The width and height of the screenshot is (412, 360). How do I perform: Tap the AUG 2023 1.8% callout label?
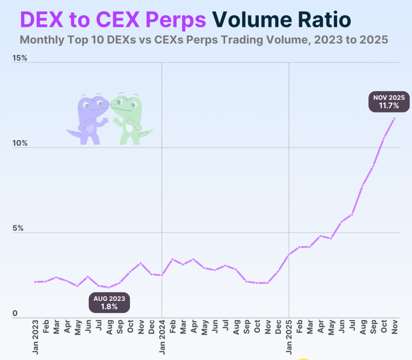click(x=109, y=302)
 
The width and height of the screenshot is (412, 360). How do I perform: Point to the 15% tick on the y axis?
click(x=19, y=58)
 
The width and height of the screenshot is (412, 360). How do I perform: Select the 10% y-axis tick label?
click(x=19, y=143)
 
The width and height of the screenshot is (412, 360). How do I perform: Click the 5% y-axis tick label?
click(x=17, y=228)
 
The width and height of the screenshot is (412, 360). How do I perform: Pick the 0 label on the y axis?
click(x=14, y=313)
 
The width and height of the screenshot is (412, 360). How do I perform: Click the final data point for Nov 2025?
click(x=394, y=118)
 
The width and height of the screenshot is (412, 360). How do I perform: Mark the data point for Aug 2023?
click(x=109, y=287)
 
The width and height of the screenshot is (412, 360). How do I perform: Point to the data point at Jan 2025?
click(x=289, y=254)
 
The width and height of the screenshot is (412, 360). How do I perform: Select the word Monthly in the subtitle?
click(x=42, y=40)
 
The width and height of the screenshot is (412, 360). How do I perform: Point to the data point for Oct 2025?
click(x=384, y=138)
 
